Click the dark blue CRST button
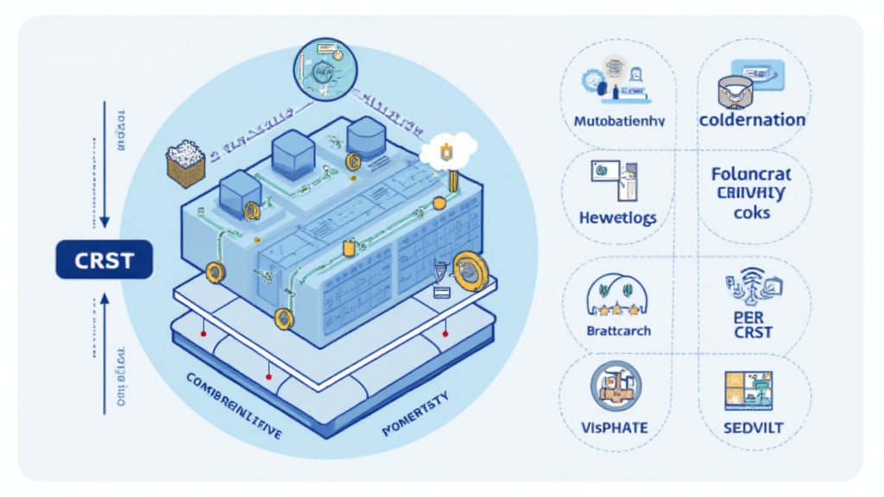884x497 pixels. [x=104, y=260]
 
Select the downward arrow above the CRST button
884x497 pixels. [x=104, y=164]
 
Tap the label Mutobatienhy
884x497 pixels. [x=619, y=122]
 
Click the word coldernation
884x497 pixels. [x=752, y=120]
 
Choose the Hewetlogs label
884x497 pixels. [x=616, y=217]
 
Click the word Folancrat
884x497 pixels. [x=751, y=174]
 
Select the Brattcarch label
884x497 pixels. [x=618, y=330]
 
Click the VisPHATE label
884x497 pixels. [x=616, y=427]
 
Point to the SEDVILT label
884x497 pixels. [x=750, y=427]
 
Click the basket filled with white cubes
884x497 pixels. [x=186, y=162]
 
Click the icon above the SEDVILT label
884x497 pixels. [x=748, y=390]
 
